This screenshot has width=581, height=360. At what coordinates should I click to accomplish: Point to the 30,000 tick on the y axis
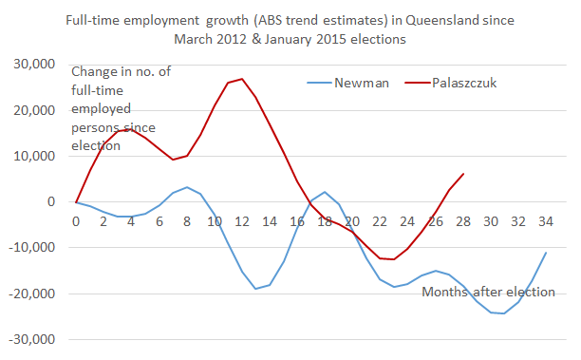tap(35, 64)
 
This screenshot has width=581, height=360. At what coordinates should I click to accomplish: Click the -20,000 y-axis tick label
tap(33, 294)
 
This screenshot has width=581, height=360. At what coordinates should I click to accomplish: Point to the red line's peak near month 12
tap(242, 79)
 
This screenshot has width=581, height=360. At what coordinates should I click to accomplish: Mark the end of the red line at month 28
tap(462, 174)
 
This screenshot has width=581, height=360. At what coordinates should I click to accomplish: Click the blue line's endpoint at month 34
tap(546, 253)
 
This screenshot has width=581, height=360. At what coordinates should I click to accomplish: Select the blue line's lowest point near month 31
tap(503, 313)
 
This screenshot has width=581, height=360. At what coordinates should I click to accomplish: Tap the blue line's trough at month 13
tap(255, 289)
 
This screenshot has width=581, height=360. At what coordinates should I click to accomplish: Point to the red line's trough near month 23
tap(393, 259)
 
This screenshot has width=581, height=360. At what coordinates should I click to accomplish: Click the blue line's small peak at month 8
tap(187, 187)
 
